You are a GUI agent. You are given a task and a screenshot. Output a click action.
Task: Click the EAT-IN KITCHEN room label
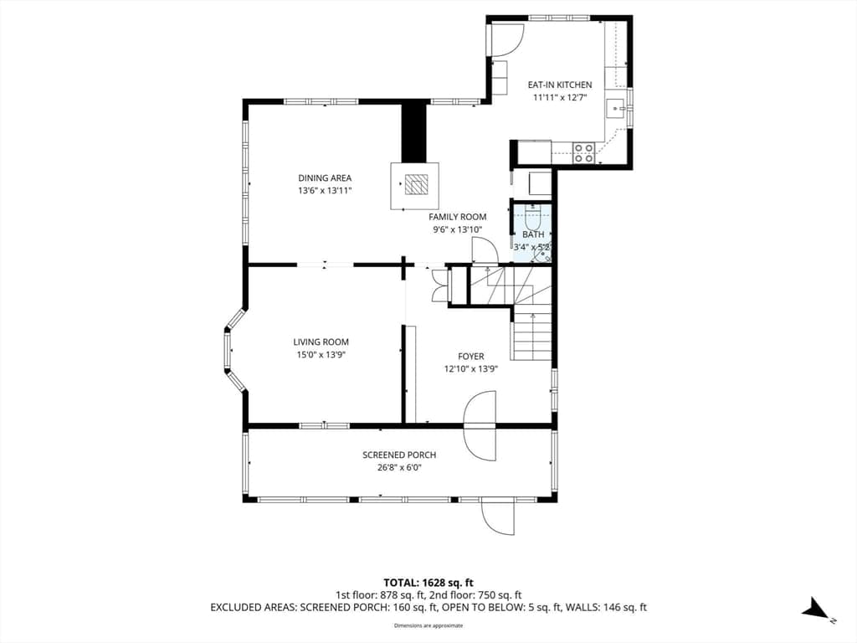560,85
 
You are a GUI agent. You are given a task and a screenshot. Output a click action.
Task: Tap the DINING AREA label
325,177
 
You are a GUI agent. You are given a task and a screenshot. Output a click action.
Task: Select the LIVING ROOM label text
321,342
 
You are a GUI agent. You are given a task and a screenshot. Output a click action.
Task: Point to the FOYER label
471,357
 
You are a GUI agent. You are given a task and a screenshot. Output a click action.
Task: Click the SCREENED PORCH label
399,455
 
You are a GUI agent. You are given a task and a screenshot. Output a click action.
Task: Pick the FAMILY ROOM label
458,217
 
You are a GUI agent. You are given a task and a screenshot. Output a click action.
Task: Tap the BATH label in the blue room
533,234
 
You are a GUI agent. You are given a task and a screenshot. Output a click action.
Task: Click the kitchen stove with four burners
583,152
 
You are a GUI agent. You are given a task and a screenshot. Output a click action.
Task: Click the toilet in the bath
532,218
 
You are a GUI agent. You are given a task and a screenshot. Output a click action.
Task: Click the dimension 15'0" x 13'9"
321,355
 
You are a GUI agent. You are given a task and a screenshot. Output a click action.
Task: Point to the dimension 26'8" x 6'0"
399,468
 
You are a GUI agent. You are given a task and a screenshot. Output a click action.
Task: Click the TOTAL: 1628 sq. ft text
428,583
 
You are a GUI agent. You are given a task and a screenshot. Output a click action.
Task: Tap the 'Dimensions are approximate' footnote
428,625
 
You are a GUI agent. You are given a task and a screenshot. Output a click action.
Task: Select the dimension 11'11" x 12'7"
560,98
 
